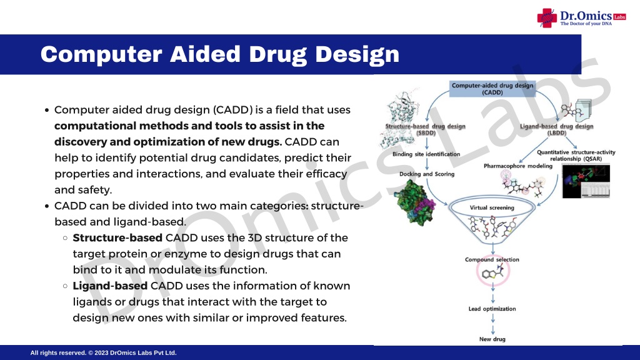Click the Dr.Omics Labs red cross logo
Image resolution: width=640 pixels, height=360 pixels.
tap(547, 18)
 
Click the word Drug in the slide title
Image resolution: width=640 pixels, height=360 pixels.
tap(277, 55)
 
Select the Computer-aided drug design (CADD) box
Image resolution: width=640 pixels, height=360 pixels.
tap(492, 89)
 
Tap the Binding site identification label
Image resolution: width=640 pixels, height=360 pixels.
tap(426, 154)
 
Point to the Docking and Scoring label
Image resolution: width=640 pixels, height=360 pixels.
tap(427, 174)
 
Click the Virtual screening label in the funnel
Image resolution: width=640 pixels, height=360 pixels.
tap(492, 207)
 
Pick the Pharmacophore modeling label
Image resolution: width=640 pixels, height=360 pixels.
tap(518, 166)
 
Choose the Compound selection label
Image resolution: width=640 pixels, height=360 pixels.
tap(492, 259)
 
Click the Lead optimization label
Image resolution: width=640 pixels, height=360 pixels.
tap(492, 309)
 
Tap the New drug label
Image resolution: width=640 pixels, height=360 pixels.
tap(492, 339)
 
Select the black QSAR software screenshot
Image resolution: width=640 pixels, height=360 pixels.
tap(586, 181)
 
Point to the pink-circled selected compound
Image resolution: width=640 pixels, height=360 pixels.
tap(493, 271)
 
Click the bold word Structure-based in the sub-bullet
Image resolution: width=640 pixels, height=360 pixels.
tap(117, 238)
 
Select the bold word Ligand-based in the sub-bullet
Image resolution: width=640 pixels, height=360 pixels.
tap(110, 286)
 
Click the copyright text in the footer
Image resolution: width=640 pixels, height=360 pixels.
tap(103, 352)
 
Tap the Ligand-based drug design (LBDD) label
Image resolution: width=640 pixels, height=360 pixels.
tap(557, 129)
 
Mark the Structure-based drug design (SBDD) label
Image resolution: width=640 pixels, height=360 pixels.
tap(425, 129)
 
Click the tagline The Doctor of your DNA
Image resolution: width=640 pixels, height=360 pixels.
tap(586, 24)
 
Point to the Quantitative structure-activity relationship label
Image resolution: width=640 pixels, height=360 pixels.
tap(576, 156)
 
